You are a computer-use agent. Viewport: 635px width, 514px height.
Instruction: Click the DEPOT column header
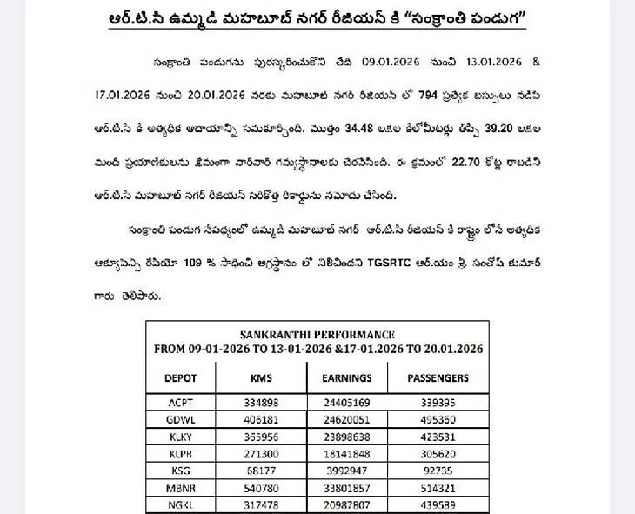181,378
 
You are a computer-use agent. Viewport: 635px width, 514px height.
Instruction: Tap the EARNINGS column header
347,378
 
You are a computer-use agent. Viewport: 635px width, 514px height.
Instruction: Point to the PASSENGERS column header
438,378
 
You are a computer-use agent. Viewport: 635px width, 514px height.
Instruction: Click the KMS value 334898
261,402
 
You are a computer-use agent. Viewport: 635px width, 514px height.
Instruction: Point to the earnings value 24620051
347,418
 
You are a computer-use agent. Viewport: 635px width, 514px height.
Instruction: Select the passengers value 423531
438,435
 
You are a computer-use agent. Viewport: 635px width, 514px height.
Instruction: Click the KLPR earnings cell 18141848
347,452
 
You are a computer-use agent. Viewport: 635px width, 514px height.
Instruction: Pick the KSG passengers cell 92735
438,469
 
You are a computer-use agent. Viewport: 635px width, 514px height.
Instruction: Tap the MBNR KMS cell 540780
261,485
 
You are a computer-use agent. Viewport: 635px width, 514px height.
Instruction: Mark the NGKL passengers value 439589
438,502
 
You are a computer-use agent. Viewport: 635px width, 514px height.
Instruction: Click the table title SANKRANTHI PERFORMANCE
317,334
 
